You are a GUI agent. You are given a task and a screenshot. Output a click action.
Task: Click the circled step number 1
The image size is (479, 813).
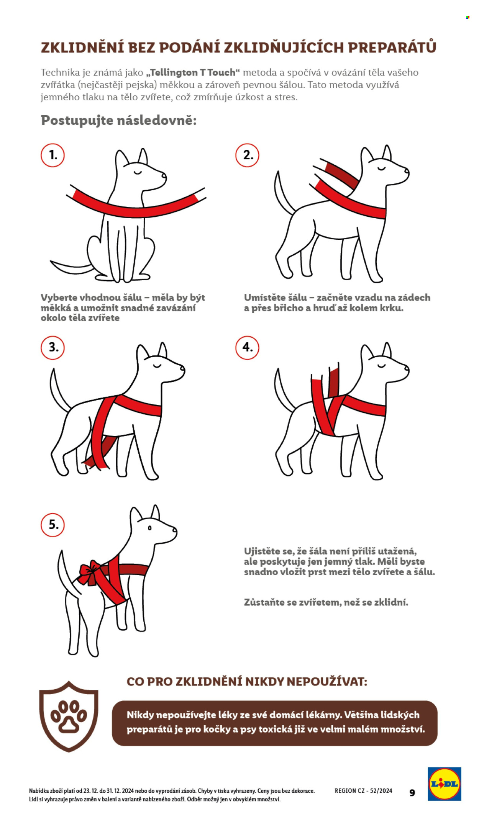(x=52, y=155)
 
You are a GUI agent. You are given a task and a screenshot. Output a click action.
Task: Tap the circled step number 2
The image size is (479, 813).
(x=247, y=155)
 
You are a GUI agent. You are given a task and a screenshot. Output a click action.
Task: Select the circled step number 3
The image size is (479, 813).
(x=52, y=347)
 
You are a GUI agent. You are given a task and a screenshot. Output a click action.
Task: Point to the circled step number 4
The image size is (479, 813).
(x=247, y=347)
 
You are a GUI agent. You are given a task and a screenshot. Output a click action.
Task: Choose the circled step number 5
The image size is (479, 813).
(x=52, y=525)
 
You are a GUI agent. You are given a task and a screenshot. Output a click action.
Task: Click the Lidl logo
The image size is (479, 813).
(x=445, y=784)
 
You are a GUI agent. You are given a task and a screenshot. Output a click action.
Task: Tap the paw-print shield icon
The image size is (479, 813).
(x=69, y=716)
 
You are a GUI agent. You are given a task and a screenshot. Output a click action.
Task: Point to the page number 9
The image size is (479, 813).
(x=412, y=792)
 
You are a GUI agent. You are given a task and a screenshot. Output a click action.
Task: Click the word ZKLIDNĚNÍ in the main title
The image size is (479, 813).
(x=82, y=47)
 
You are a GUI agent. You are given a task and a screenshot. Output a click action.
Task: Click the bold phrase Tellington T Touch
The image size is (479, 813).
(x=193, y=72)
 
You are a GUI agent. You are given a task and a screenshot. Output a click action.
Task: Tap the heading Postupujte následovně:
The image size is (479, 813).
(x=119, y=120)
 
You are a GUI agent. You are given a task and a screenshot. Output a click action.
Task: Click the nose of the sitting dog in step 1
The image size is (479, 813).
(x=164, y=175)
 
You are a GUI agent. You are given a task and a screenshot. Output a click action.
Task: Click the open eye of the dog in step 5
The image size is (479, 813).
(x=149, y=528)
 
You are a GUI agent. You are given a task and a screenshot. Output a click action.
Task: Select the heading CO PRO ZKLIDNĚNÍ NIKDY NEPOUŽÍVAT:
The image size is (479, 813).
(x=247, y=682)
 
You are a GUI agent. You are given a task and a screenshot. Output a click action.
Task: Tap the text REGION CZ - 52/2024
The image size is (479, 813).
(x=363, y=790)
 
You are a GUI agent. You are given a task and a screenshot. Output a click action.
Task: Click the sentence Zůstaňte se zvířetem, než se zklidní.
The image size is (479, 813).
(x=326, y=602)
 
